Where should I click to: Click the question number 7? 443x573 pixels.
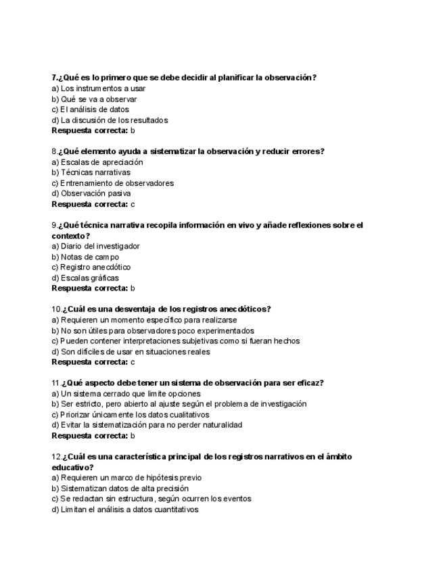(x=54, y=78)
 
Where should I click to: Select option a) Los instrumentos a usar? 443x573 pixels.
(x=98, y=89)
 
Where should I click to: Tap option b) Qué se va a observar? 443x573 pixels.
(x=94, y=99)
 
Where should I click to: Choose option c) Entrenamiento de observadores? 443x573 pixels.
(x=112, y=183)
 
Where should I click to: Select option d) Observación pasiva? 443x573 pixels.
(x=91, y=193)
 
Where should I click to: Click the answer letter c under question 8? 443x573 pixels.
(x=133, y=204)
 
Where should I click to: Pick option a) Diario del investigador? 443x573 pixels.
(x=95, y=246)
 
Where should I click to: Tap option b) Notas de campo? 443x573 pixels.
(x=85, y=257)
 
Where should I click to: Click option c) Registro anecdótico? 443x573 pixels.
(x=91, y=267)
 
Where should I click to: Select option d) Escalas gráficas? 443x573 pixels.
(x=85, y=278)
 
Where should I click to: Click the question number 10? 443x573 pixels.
(x=56, y=309)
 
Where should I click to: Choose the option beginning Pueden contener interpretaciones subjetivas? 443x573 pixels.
(x=175, y=341)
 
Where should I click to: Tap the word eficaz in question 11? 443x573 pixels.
(x=310, y=383)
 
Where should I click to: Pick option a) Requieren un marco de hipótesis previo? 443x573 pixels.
(x=126, y=478)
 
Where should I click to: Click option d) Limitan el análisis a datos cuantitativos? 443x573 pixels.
(x=125, y=509)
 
